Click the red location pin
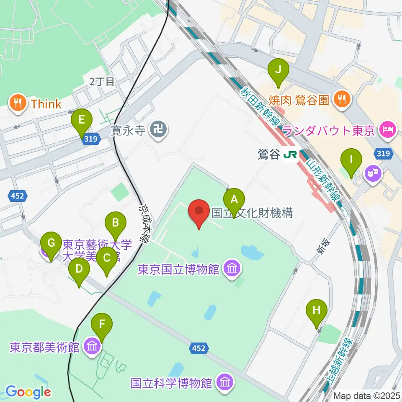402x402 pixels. (x=199, y=211)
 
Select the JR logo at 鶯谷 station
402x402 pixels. (x=289, y=155)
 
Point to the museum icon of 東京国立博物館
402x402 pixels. (x=231, y=268)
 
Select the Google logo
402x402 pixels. (x=28, y=392)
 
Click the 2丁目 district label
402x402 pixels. (x=102, y=82)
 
